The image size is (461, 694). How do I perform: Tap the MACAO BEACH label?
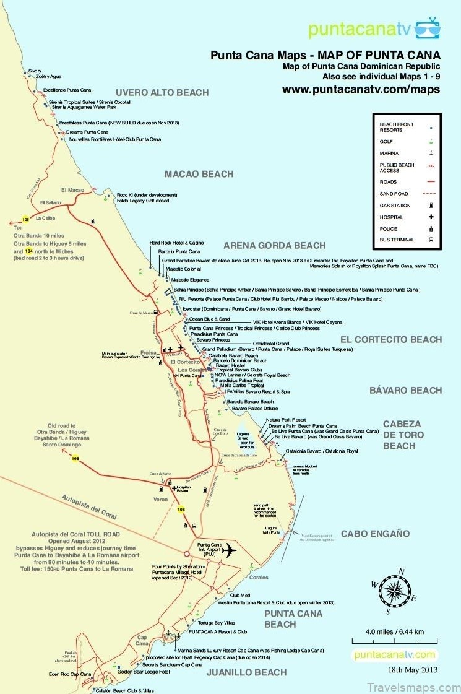pyautogui.click(x=199, y=174)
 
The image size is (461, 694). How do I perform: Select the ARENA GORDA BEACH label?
pyautogui.click(x=274, y=245)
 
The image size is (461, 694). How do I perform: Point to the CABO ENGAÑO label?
pyautogui.click(x=375, y=533)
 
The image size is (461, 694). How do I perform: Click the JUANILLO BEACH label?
pyautogui.click(x=246, y=672)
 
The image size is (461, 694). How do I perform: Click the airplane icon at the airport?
pyautogui.click(x=230, y=549)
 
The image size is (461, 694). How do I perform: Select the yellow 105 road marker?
pyautogui.click(x=25, y=219)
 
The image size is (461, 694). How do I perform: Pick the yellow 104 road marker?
pyautogui.click(x=28, y=252)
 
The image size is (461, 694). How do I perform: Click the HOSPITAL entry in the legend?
pyautogui.click(x=391, y=217)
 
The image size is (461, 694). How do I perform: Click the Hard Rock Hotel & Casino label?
pyautogui.click(x=176, y=243)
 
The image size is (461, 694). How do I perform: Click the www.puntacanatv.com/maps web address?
pyautogui.click(x=361, y=89)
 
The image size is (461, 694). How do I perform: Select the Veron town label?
pyautogui.click(x=160, y=497)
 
